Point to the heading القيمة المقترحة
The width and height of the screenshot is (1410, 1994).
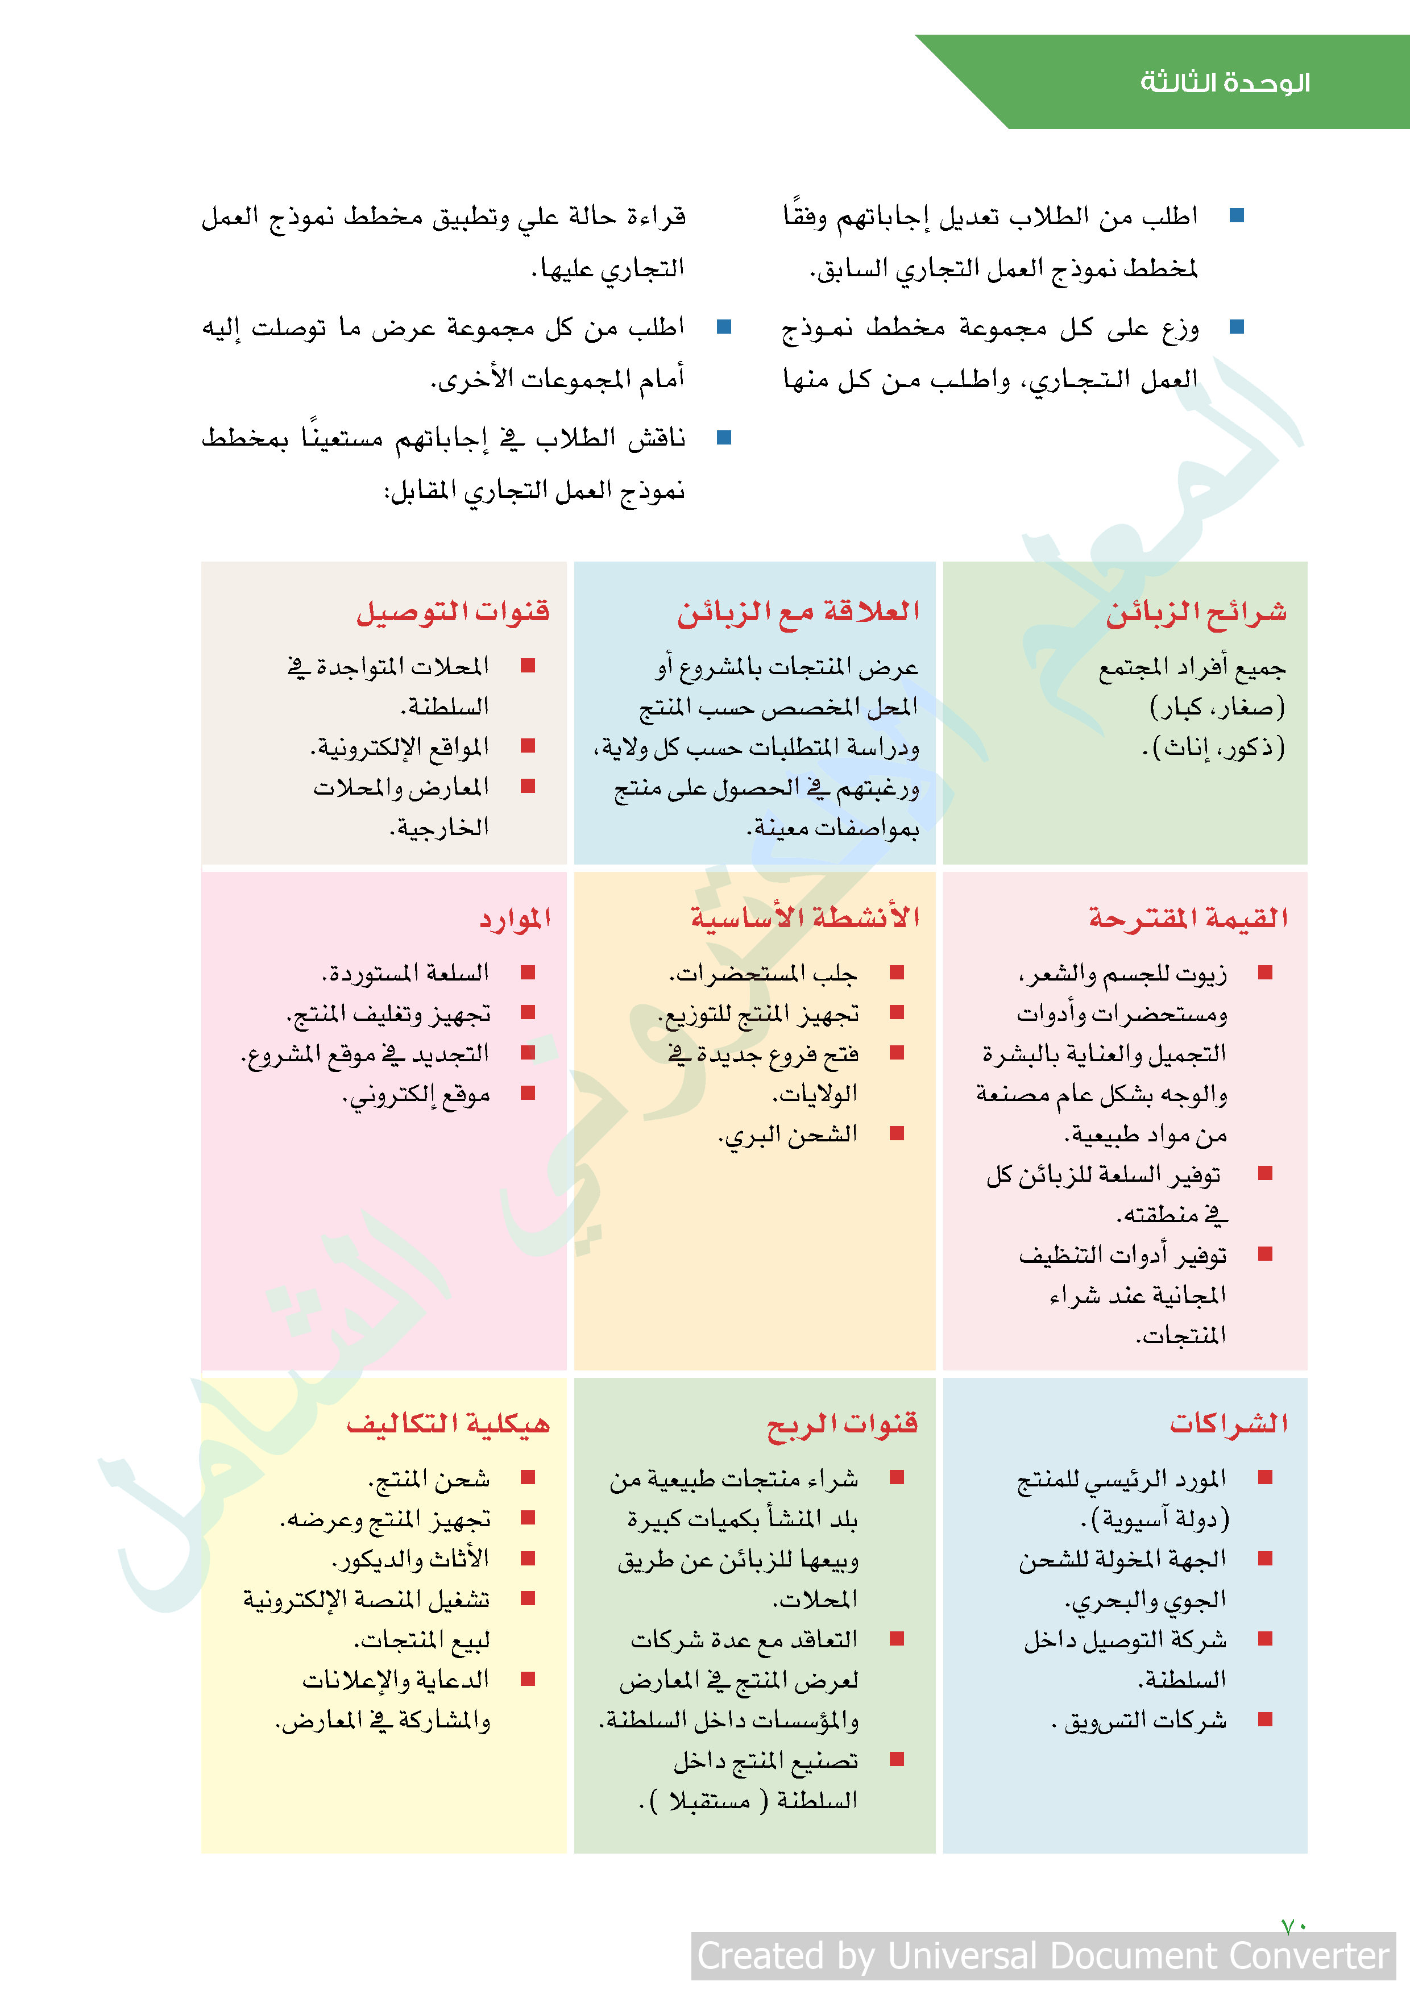(x=1188, y=919)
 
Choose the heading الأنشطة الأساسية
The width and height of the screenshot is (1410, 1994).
(x=804, y=919)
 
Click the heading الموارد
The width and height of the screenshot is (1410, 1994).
(x=515, y=919)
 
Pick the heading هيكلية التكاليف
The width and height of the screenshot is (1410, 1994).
(x=448, y=1424)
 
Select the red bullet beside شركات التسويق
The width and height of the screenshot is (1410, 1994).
(x=1265, y=1719)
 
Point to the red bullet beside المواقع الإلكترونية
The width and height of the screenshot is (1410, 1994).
(x=528, y=746)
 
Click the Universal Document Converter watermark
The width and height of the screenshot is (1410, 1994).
(x=1043, y=1956)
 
